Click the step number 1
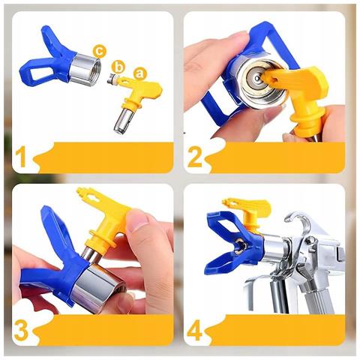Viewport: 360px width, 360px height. (22, 157)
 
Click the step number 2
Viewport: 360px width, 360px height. (196, 157)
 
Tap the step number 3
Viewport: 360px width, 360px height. (23, 329)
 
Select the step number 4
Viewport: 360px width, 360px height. (196, 328)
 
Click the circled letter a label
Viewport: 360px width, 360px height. (138, 73)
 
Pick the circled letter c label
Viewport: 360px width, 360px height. (98, 50)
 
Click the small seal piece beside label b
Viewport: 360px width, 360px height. (112, 78)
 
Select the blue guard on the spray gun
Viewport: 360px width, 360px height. (229, 240)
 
